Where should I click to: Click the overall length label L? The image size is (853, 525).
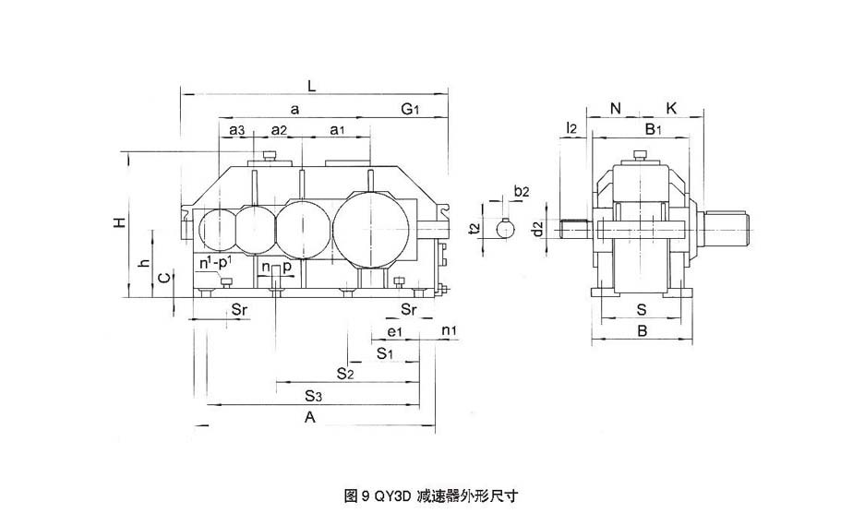pyautogui.click(x=312, y=85)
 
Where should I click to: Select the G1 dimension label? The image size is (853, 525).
pyautogui.click(x=411, y=109)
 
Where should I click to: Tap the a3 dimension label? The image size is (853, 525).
pyautogui.click(x=237, y=130)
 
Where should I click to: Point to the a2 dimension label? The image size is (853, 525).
pyautogui.click(x=280, y=130)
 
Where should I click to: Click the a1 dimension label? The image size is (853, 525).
pyautogui.click(x=338, y=130)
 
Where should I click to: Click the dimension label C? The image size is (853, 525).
pyautogui.click(x=162, y=278)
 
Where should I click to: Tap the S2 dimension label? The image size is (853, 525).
pyautogui.click(x=345, y=374)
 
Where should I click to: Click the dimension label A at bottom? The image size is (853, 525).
pyautogui.click(x=311, y=418)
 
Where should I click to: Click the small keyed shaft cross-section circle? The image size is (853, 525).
pyautogui.click(x=505, y=227)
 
